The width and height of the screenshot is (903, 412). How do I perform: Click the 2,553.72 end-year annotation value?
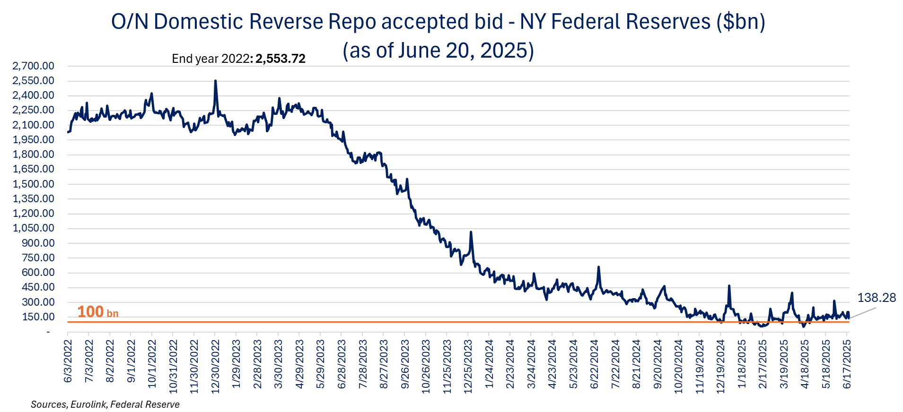[281, 59]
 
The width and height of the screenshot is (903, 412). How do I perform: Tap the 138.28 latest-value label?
[877, 298]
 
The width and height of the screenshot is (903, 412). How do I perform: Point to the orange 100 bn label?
[97, 312]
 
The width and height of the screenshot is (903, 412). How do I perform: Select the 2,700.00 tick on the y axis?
[34, 66]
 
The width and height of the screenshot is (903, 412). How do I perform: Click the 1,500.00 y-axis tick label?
[34, 184]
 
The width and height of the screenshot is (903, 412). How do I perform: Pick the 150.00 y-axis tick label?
[38, 317]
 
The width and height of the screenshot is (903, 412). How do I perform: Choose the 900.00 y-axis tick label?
[38, 243]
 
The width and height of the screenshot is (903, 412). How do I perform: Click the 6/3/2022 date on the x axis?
[68, 361]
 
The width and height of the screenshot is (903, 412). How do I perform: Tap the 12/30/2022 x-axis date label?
[215, 366]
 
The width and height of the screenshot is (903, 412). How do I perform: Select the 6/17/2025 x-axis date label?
[847, 364]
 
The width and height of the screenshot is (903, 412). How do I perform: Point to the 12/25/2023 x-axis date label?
[468, 366]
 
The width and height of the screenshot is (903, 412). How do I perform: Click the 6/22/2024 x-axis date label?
[595, 364]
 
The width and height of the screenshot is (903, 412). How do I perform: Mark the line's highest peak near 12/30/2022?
[215, 81]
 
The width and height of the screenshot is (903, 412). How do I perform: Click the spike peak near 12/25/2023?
[471, 232]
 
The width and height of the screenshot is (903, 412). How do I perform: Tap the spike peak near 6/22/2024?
[599, 267]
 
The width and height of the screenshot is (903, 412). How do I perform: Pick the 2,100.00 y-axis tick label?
[34, 125]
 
